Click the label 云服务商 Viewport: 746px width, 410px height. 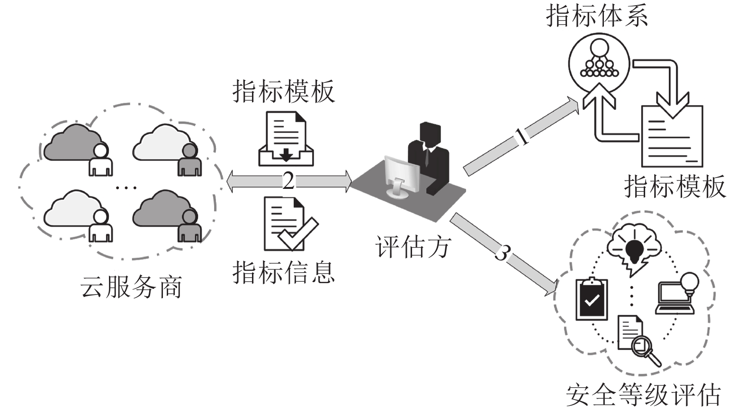[x=131, y=287]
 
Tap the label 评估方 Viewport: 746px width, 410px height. [x=413, y=247]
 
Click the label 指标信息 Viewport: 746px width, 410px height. [x=283, y=272]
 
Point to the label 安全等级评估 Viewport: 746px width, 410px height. [x=643, y=395]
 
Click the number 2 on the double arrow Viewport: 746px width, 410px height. [x=288, y=181]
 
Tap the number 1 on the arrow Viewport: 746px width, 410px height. [x=522, y=137]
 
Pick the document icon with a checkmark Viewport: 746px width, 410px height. [x=288, y=224]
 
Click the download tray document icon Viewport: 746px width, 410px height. [x=286, y=139]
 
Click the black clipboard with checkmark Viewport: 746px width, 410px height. [x=591, y=299]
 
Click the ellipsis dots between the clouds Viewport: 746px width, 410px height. [x=126, y=188]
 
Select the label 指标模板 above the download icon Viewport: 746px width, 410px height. [x=283, y=91]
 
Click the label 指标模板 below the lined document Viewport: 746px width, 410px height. [x=674, y=186]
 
